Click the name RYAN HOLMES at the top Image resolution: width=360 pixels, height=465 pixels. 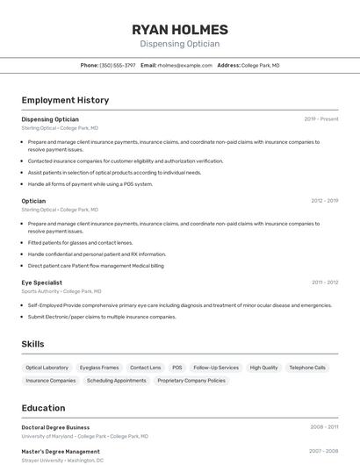pyautogui.click(x=179, y=29)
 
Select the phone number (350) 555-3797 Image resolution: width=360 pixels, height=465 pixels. pyautogui.click(x=118, y=65)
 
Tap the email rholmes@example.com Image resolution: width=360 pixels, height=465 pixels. pyautogui.click(x=179, y=65)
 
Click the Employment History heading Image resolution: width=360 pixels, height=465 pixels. pyautogui.click(x=65, y=100)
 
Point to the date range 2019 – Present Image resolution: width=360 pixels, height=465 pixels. pyautogui.click(x=320, y=118)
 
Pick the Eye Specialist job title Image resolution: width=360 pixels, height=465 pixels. pyautogui.click(x=42, y=283)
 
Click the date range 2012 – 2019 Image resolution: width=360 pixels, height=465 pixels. pyautogui.click(x=324, y=201)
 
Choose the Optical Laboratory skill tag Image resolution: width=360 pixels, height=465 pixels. pyautogui.click(x=47, y=368)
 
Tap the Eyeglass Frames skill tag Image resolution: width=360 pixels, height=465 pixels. pyautogui.click(x=99, y=368)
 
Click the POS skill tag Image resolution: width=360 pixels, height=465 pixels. pyautogui.click(x=177, y=368)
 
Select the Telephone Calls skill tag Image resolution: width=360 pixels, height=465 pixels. pyautogui.click(x=307, y=368)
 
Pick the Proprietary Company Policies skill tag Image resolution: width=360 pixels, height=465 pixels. pyautogui.click(x=191, y=381)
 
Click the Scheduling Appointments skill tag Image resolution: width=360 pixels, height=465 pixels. pyautogui.click(x=117, y=381)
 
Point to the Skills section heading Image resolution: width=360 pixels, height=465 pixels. pyautogui.click(x=33, y=344)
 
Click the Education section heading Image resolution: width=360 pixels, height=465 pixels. pyautogui.click(x=44, y=408)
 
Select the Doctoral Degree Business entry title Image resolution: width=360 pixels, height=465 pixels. pyautogui.click(x=55, y=427)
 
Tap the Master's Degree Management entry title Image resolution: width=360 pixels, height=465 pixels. pyautogui.click(x=61, y=451)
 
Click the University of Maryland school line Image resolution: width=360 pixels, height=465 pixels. pyautogui.click(x=85, y=435)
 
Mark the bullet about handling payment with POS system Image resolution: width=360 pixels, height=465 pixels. pyautogui.click(x=90, y=184)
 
